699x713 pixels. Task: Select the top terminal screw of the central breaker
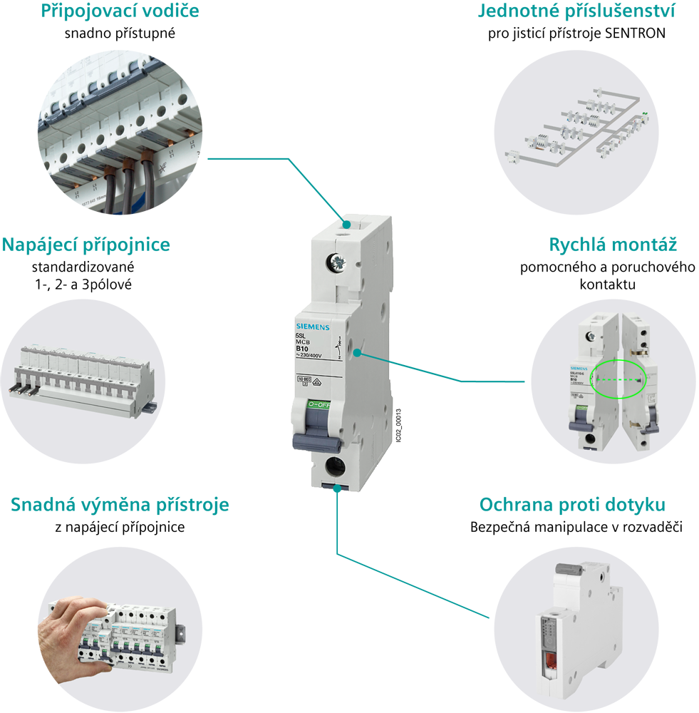coord(338,264)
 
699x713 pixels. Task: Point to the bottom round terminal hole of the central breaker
coord(333,466)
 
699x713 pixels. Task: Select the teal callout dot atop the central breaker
coord(346,224)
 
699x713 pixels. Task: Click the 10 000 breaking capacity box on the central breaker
coord(304,380)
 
